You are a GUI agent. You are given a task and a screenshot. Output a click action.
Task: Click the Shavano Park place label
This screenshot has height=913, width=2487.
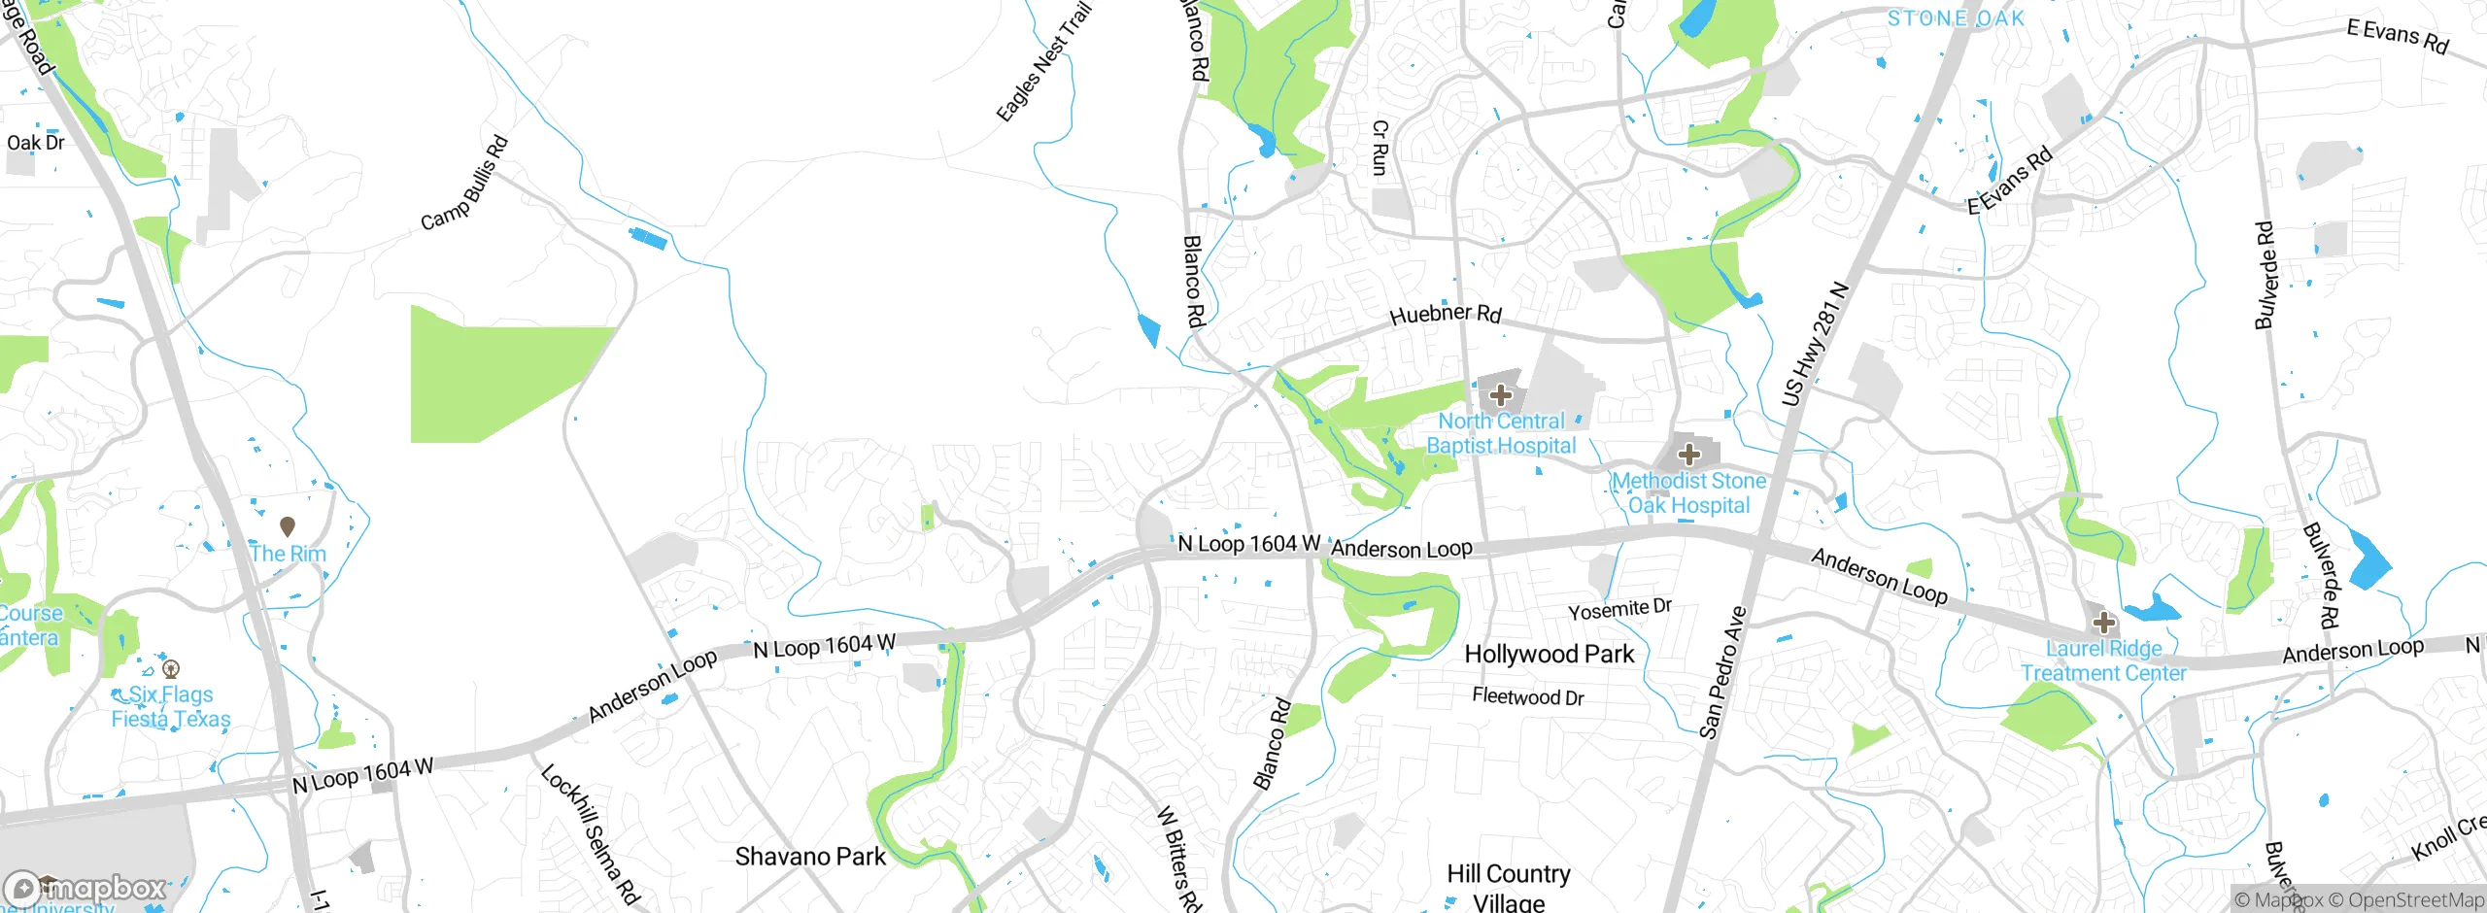coord(810,857)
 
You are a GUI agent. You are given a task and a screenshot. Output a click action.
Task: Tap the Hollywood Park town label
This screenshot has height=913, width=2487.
coord(1550,655)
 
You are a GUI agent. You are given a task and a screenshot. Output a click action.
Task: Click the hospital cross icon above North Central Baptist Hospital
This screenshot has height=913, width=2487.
coord(1501,395)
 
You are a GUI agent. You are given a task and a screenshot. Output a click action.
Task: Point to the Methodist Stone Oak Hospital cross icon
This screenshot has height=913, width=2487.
coord(1689,455)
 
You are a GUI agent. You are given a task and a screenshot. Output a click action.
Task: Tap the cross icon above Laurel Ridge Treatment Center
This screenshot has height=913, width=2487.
coord(2104,623)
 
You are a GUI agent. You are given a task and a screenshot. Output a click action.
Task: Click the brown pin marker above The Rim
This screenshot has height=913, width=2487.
coord(288,526)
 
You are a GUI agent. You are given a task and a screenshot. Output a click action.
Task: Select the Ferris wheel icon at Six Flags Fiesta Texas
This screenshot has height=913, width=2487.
coord(172,668)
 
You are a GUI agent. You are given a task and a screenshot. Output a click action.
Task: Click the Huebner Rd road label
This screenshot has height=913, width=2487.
coord(1446,314)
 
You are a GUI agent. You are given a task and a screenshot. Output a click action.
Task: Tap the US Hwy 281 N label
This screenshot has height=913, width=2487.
coord(1814,344)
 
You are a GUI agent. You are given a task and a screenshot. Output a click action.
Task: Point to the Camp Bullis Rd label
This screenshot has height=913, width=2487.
coord(464,184)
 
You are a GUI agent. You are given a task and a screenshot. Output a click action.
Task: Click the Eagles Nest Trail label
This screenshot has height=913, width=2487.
coord(1044,62)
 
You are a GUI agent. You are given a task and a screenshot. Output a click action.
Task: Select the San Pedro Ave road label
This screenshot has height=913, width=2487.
coord(1722,672)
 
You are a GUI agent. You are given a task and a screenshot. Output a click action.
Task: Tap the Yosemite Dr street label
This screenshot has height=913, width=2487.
coord(1619,609)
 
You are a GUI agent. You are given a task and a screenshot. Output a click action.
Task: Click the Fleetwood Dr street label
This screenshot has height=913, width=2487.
coord(1527,696)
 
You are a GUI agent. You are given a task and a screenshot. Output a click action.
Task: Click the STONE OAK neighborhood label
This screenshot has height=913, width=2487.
coord(1956,18)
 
